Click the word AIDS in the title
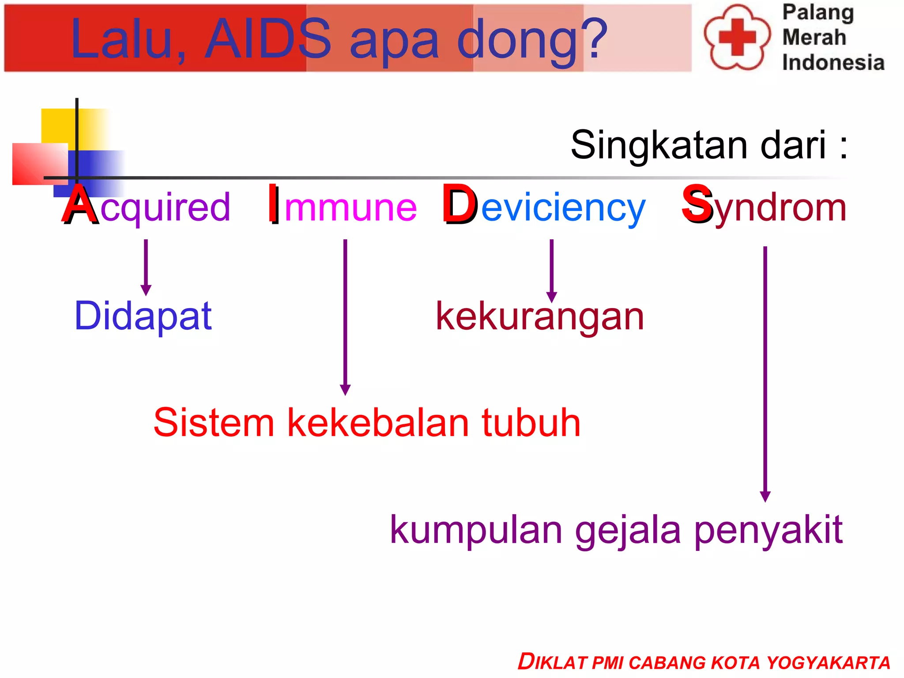268,39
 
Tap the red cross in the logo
737,37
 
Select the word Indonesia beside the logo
833,62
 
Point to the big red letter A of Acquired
79,205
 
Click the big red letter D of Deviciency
460,205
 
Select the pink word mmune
350,207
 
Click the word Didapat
143,316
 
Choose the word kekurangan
540,317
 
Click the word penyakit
768,531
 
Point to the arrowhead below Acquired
146,290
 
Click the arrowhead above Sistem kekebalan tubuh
345,389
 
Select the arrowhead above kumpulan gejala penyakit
765,496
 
